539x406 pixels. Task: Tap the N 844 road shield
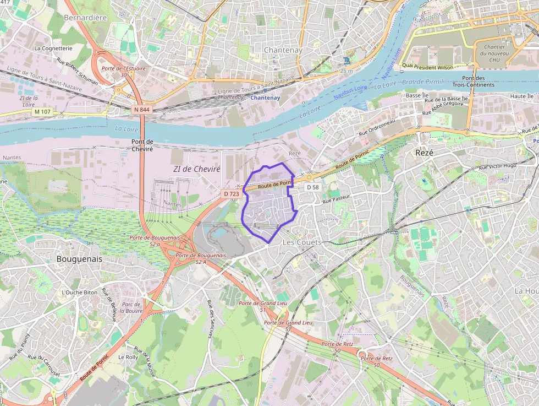click(x=141, y=110)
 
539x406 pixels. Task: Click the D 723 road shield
click(x=232, y=194)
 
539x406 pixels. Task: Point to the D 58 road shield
click(x=312, y=187)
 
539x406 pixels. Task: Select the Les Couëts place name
click(x=301, y=242)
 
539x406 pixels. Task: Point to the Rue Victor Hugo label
click(x=498, y=165)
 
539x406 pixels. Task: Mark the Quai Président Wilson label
click(x=427, y=67)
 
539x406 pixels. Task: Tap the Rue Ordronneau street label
click(x=377, y=128)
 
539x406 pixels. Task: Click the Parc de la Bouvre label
click(x=131, y=307)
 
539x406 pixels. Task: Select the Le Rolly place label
click(x=128, y=357)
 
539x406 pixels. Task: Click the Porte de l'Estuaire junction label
click(x=124, y=68)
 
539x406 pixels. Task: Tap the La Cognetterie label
click(x=53, y=48)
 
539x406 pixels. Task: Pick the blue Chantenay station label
click(x=265, y=98)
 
